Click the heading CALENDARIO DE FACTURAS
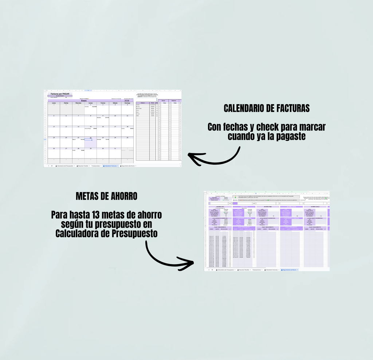tap(267, 108)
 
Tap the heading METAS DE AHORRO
tap(106, 196)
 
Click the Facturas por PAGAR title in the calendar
tap(60, 94)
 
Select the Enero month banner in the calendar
tap(84, 101)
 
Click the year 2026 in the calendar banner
tap(127, 101)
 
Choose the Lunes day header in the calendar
tap(54, 103)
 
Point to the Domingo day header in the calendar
tap(127, 103)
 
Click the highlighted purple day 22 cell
tap(91, 142)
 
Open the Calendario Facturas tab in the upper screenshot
tap(110, 166)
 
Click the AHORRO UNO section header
tap(220, 207)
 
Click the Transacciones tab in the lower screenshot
tap(256, 270)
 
